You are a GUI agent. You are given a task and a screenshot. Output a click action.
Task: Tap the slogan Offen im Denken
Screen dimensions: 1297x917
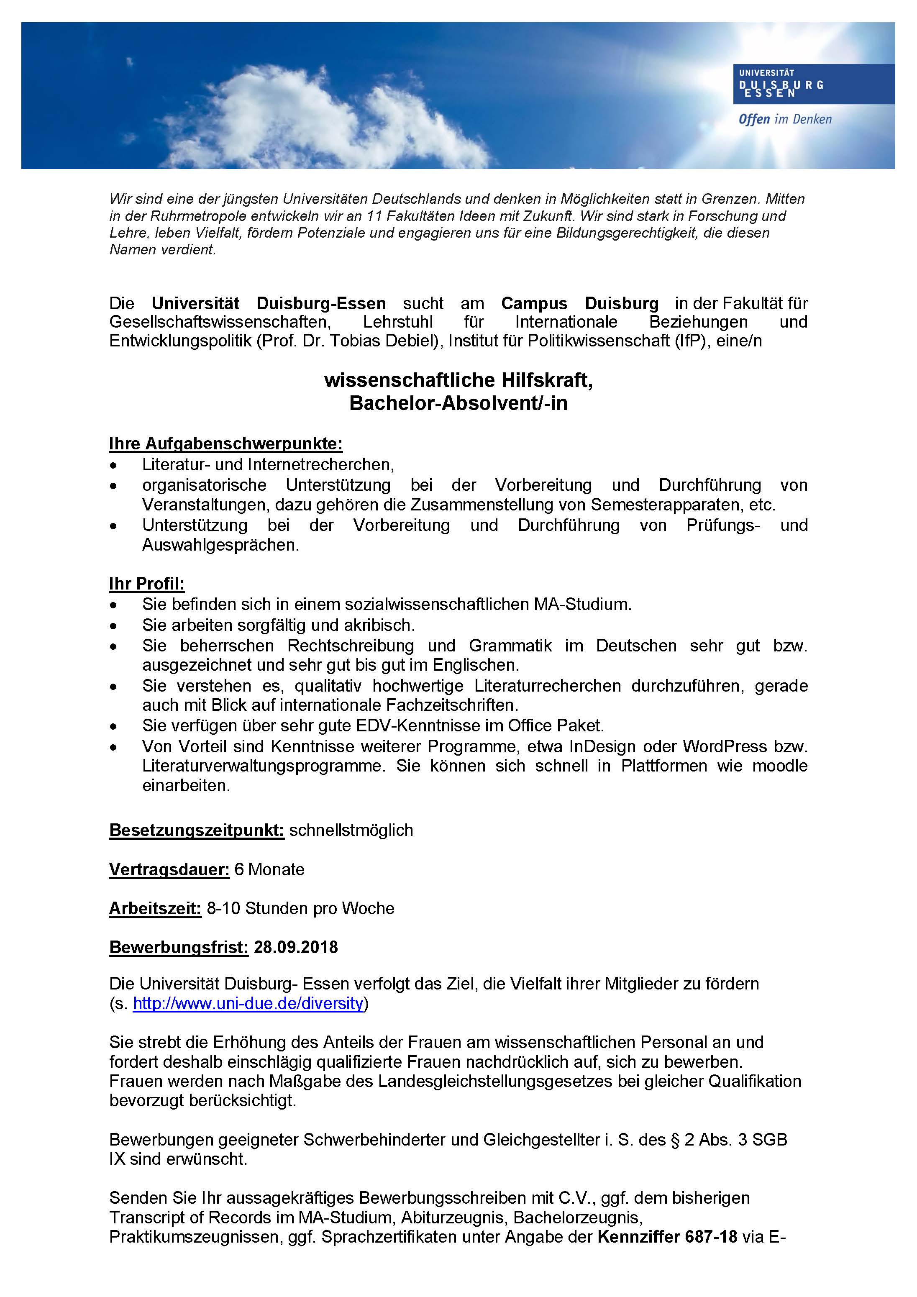click(x=785, y=119)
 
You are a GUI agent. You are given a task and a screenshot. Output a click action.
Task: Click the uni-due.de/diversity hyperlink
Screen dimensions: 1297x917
click(x=248, y=1003)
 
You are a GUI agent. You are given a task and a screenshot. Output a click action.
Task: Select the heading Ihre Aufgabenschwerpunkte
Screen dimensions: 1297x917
click(x=225, y=443)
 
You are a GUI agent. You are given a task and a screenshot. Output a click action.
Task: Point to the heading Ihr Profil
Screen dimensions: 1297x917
click(x=146, y=584)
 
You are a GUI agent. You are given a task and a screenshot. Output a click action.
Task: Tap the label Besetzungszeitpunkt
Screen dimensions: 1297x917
click(x=196, y=830)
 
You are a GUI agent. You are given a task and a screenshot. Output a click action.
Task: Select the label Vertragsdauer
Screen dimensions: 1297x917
click(x=169, y=869)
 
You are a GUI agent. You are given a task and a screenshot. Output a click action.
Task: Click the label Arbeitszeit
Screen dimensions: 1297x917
click(x=155, y=908)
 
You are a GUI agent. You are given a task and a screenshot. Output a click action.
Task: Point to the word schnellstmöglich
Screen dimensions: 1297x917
click(x=351, y=830)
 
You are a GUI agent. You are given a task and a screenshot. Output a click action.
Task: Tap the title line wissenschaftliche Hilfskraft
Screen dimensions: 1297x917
click(x=458, y=380)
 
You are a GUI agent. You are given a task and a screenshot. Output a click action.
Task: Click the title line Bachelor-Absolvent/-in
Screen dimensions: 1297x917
click(x=458, y=403)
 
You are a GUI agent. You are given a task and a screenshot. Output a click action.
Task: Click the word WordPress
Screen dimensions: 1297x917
click(x=724, y=746)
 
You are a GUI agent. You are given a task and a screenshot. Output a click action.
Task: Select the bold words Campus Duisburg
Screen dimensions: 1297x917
click(x=580, y=303)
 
